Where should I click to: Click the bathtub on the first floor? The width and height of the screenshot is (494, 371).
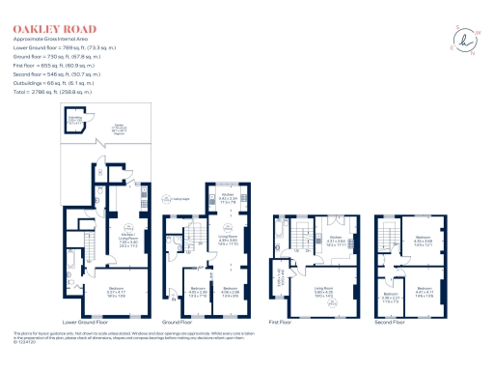pos(278,233)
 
